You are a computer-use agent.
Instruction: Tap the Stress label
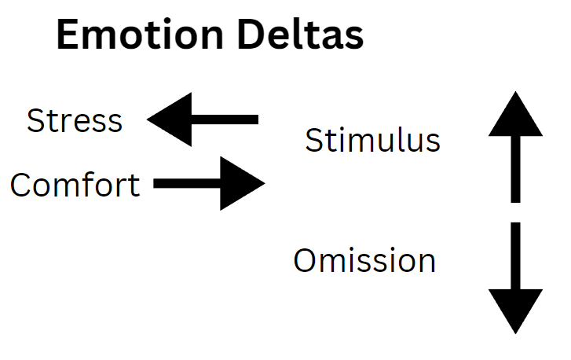pyautogui.click(x=75, y=121)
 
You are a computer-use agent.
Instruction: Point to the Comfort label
pyautogui.click(x=75, y=186)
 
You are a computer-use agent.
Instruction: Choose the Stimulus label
pyautogui.click(x=372, y=141)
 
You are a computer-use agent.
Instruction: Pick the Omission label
pyautogui.click(x=364, y=260)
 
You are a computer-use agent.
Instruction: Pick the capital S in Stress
pyautogui.click(x=36, y=121)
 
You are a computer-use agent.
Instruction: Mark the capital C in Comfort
pyautogui.click(x=22, y=186)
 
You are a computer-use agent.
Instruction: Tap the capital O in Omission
pyautogui.click(x=307, y=260)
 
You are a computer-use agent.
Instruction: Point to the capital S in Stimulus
pyautogui.click(x=314, y=141)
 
